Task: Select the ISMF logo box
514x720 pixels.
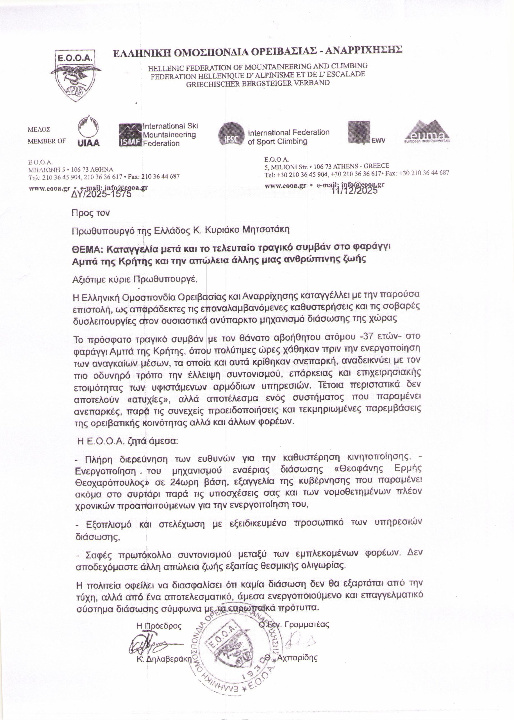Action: click(130, 135)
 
